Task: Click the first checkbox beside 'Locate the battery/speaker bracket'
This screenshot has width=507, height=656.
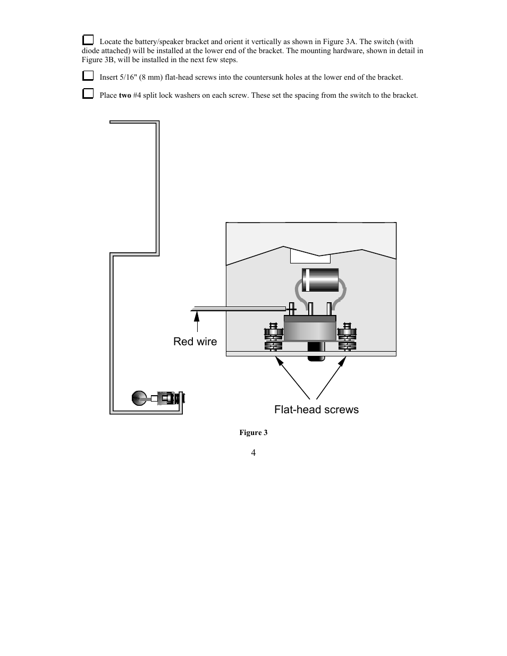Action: click(88, 40)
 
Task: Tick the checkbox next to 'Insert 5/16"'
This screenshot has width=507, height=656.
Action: click(88, 76)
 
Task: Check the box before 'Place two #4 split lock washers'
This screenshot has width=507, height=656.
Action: click(88, 94)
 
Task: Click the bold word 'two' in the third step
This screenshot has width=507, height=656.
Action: click(125, 96)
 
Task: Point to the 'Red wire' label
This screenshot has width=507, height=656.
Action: click(195, 342)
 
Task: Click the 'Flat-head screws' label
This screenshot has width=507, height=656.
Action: click(316, 410)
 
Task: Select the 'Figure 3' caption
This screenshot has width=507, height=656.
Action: click(253, 432)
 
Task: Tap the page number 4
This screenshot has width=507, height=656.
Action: click(253, 453)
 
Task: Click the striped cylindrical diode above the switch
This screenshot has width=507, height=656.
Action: click(320, 280)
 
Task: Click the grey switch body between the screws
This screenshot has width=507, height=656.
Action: click(310, 329)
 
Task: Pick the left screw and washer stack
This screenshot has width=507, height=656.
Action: click(273, 337)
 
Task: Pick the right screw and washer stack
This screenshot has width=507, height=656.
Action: click(348, 337)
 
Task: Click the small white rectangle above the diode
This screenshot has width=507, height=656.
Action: click(310, 257)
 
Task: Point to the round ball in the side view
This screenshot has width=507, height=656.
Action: click(139, 398)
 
